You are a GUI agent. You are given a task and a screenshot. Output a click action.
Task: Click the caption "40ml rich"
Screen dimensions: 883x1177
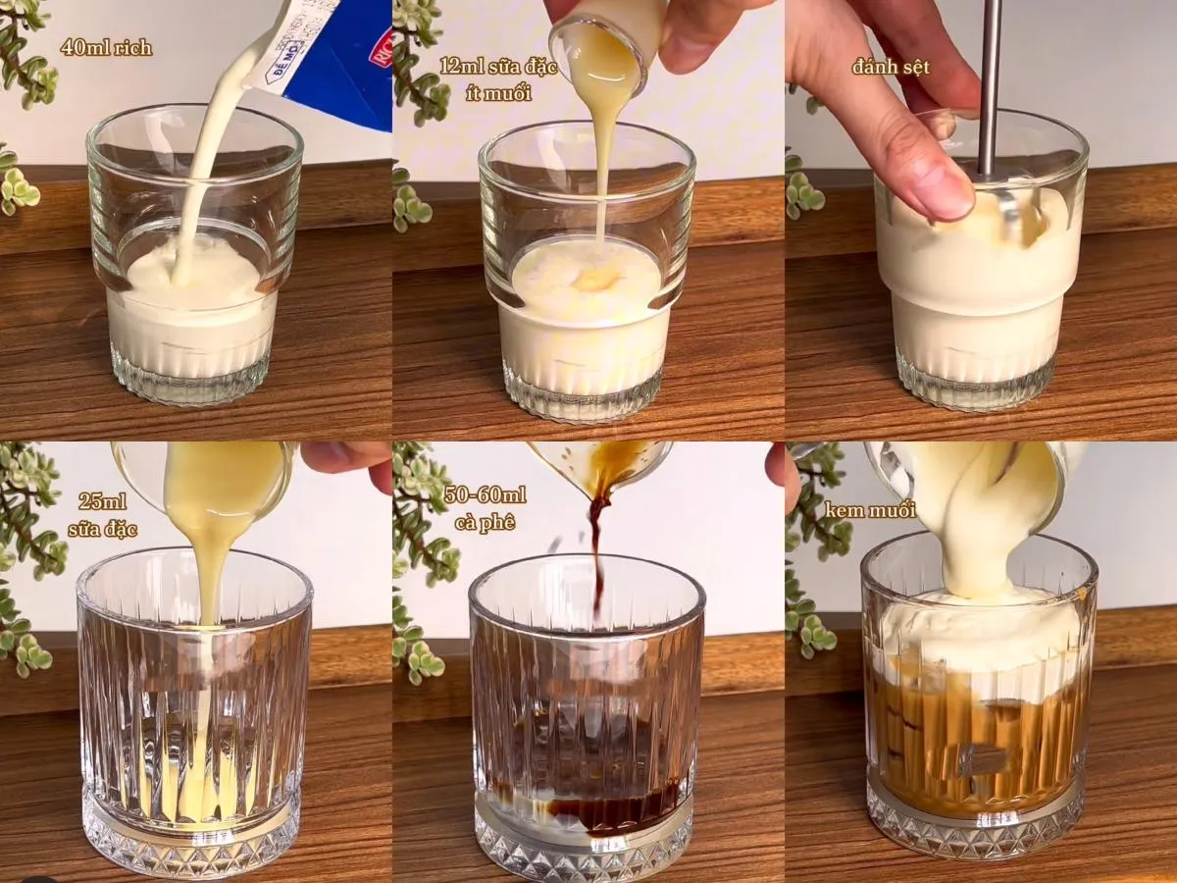pyautogui.click(x=106, y=47)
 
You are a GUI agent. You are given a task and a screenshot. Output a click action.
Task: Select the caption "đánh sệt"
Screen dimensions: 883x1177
pyautogui.click(x=891, y=67)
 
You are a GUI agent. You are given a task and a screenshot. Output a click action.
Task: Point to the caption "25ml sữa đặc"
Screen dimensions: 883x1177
pyautogui.click(x=103, y=515)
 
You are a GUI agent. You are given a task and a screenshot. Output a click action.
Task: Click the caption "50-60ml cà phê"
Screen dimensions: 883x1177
pyautogui.click(x=486, y=508)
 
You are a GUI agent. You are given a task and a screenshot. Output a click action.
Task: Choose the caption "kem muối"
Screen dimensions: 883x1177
pyautogui.click(x=870, y=510)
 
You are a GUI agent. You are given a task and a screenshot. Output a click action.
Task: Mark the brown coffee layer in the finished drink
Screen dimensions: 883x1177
pyautogui.click(x=976, y=736)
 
